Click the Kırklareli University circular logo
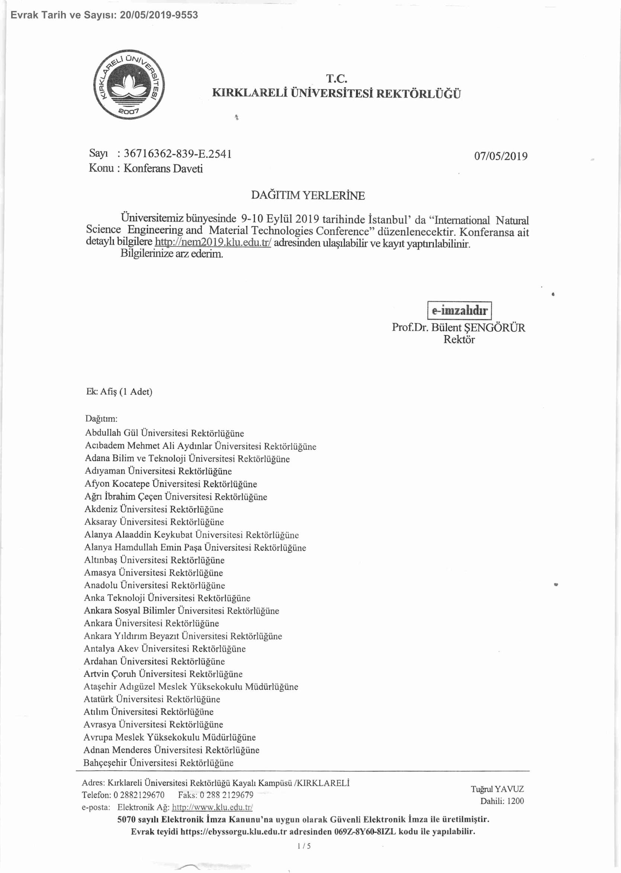pos(129,84)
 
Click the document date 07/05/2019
pos(501,156)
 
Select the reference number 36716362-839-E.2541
pos(178,154)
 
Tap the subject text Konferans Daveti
pos(163,169)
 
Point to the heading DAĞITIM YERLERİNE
pos(308,196)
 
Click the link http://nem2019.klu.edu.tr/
pos(213,242)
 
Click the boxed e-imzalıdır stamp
pos(459,310)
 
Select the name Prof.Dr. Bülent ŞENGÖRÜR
pos(458,327)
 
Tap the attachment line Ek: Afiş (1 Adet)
pos(119,392)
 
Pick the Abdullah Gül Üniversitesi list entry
pos(164,433)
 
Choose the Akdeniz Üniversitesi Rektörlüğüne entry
pos(154,509)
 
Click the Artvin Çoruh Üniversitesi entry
pos(163,674)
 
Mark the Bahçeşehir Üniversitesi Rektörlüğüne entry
pos(158,763)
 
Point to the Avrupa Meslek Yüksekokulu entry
pos(170,737)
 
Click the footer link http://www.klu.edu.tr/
pos(212,807)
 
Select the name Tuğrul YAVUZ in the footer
pos(497,789)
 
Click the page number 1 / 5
pos(304,846)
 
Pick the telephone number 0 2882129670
pos(139,795)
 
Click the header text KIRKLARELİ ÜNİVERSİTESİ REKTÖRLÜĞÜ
pos(336,94)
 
